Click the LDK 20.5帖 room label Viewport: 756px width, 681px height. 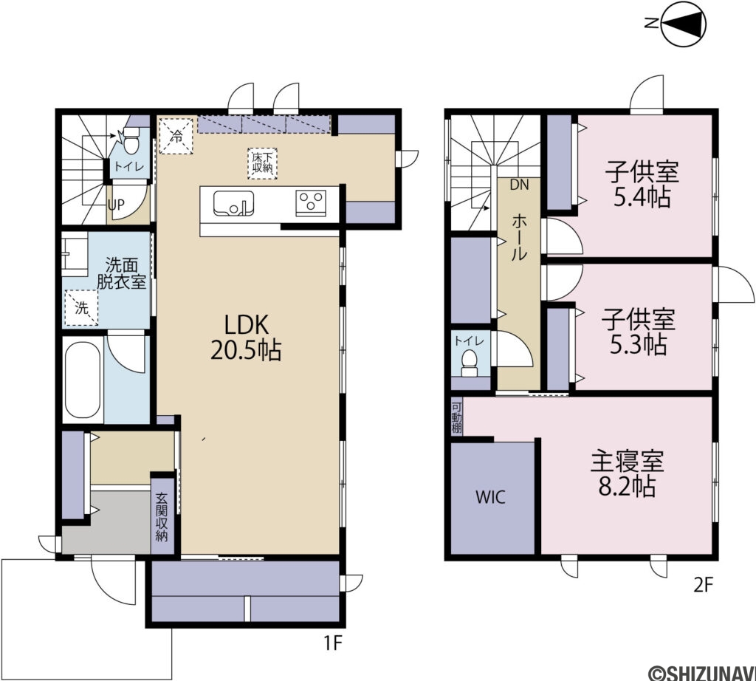[x=246, y=338]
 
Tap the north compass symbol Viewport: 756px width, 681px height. [x=680, y=24]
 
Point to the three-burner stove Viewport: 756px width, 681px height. [x=311, y=203]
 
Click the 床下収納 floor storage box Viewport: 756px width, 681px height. [x=263, y=163]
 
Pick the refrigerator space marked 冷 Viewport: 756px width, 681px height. [x=176, y=136]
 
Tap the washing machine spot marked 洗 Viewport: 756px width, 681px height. [x=81, y=308]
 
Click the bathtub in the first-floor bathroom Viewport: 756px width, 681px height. [x=83, y=380]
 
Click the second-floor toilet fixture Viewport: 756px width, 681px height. [x=468, y=363]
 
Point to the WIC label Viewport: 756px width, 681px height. [x=490, y=497]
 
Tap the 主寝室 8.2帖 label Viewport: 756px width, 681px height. [x=628, y=473]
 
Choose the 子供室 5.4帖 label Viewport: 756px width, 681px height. [x=642, y=185]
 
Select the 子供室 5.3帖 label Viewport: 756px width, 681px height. [x=639, y=332]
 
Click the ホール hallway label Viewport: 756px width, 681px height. [x=519, y=238]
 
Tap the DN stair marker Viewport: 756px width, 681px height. [x=519, y=185]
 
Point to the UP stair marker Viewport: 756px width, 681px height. [x=116, y=205]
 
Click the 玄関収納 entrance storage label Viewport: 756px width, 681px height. [x=162, y=516]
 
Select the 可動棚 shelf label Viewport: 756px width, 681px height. [x=456, y=417]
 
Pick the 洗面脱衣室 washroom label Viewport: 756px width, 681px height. [x=122, y=273]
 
